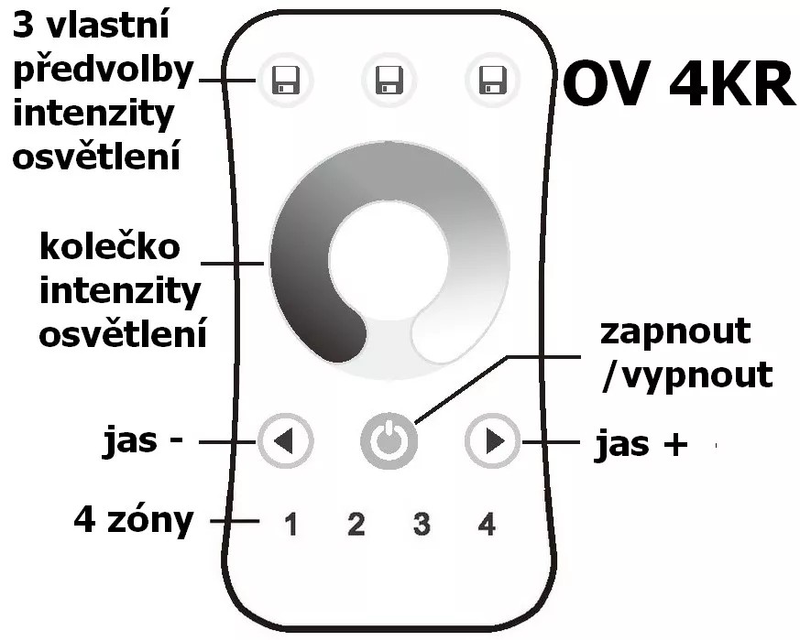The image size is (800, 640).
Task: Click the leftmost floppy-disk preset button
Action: pos(285,80)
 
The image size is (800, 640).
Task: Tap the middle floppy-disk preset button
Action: pos(389,80)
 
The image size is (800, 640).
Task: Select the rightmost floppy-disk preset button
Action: pos(493,80)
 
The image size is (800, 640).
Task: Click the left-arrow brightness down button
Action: pos(285,441)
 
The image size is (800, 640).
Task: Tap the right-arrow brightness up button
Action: pos(493,441)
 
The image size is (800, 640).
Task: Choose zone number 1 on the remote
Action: pos(290,525)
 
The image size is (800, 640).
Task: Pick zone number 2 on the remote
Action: pos(356,525)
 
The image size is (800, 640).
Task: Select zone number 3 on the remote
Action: pos(422,525)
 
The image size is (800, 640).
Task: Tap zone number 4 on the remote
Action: pos(487,525)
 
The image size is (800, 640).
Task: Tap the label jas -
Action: pos(143,441)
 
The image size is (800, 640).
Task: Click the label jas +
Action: pos(641,445)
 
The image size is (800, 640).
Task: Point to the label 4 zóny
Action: pos(134,521)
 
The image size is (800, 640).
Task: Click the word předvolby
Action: pos(103,72)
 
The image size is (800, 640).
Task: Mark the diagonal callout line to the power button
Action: pos(462,390)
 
